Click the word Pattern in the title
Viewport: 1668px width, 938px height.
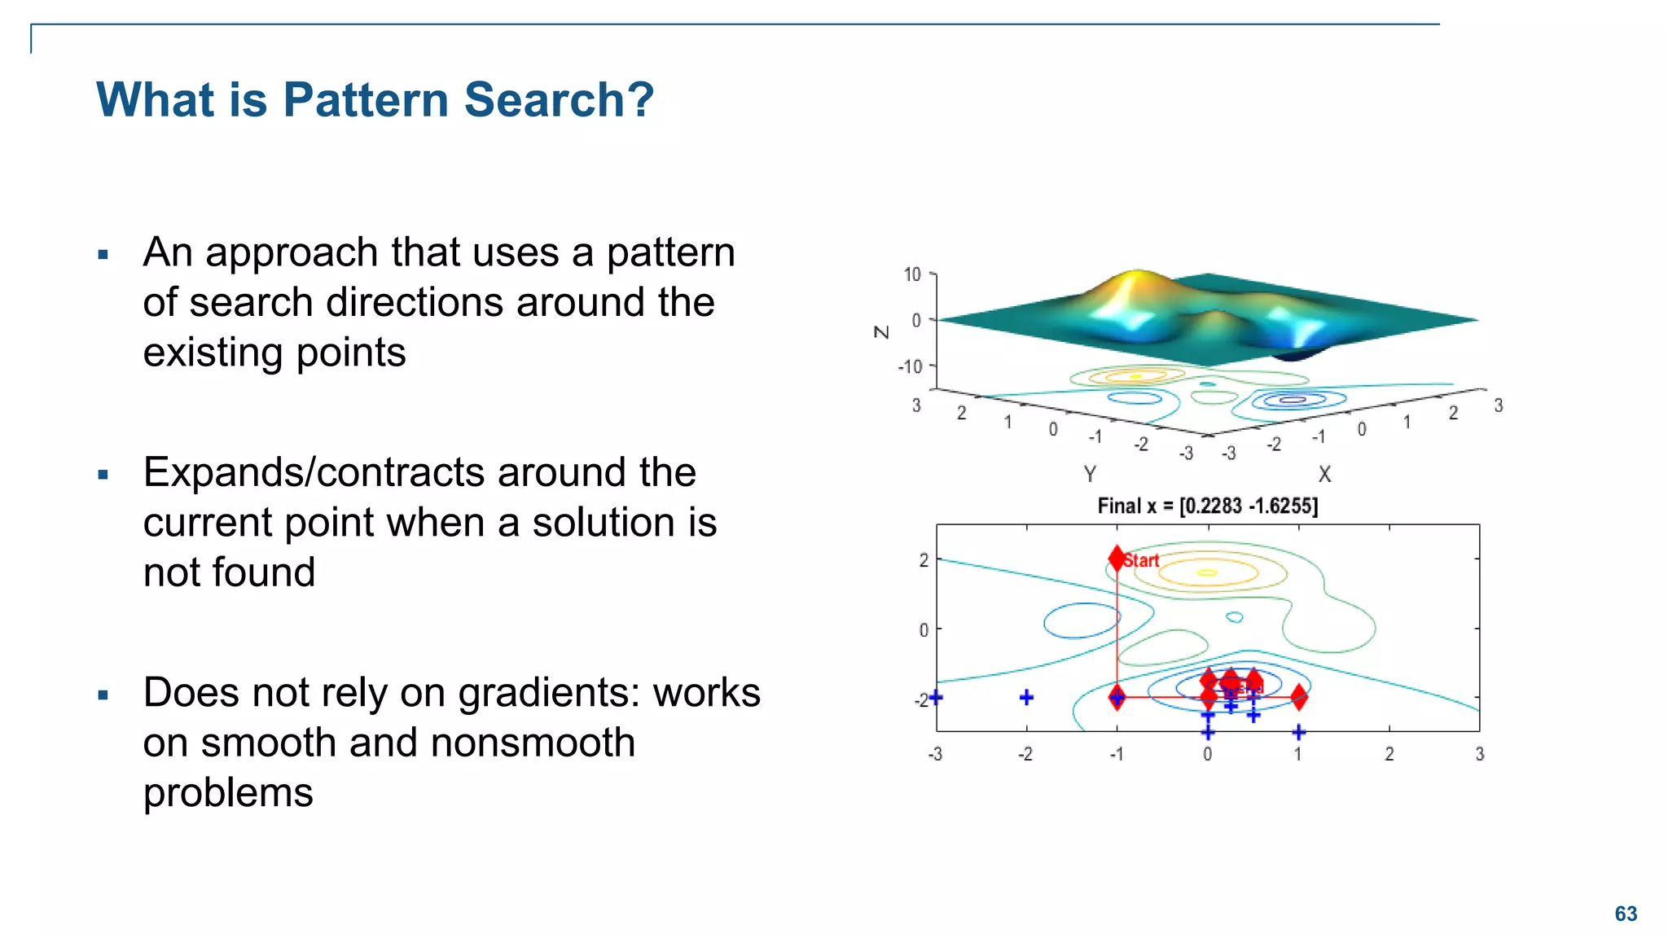[x=367, y=100]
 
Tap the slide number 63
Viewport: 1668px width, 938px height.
[x=1626, y=914]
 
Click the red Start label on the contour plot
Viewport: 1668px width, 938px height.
[x=1142, y=560]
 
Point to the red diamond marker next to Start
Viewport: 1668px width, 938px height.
[x=1117, y=558]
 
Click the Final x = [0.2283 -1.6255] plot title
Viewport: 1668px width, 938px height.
[x=1207, y=506]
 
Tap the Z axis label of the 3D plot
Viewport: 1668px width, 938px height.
[x=881, y=331]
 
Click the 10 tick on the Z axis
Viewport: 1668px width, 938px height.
[x=912, y=274]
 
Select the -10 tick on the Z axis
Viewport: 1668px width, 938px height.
[x=910, y=366]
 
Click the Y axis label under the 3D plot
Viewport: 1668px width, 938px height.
[x=1090, y=474]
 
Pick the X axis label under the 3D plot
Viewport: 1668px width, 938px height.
[x=1324, y=474]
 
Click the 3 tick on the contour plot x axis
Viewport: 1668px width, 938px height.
[x=1479, y=754]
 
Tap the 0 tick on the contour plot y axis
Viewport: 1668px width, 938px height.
[x=923, y=629]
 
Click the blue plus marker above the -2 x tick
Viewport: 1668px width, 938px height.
[x=1026, y=697]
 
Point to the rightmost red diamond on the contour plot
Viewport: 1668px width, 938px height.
[x=1299, y=697]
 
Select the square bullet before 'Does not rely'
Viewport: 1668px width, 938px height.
[x=103, y=695]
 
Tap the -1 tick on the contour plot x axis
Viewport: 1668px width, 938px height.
[x=1116, y=754]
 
